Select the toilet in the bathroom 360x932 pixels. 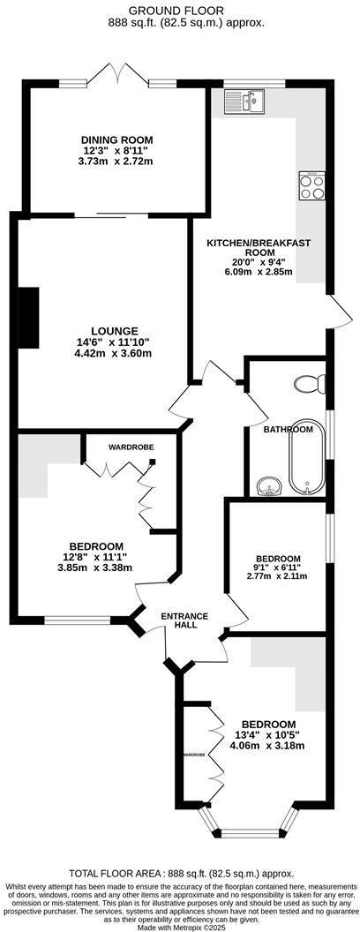[310, 385]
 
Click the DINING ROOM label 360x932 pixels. [117, 139]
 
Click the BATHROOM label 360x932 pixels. [289, 430]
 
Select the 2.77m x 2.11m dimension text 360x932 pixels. [278, 576]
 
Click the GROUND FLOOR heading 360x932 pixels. [180, 10]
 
